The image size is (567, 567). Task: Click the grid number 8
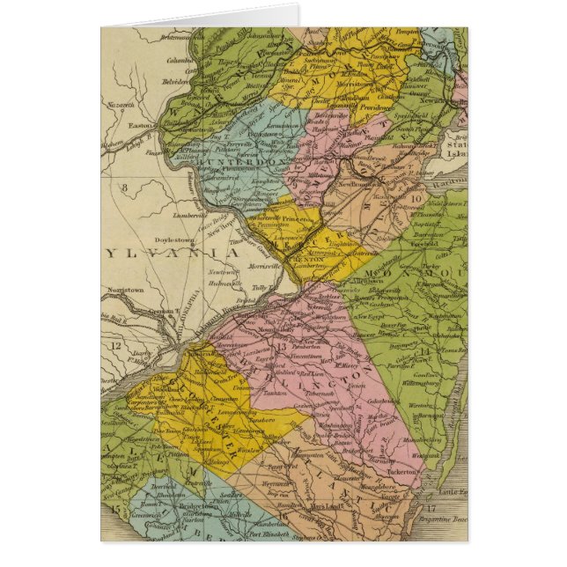[125, 187]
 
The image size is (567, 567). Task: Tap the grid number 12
[116, 345]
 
